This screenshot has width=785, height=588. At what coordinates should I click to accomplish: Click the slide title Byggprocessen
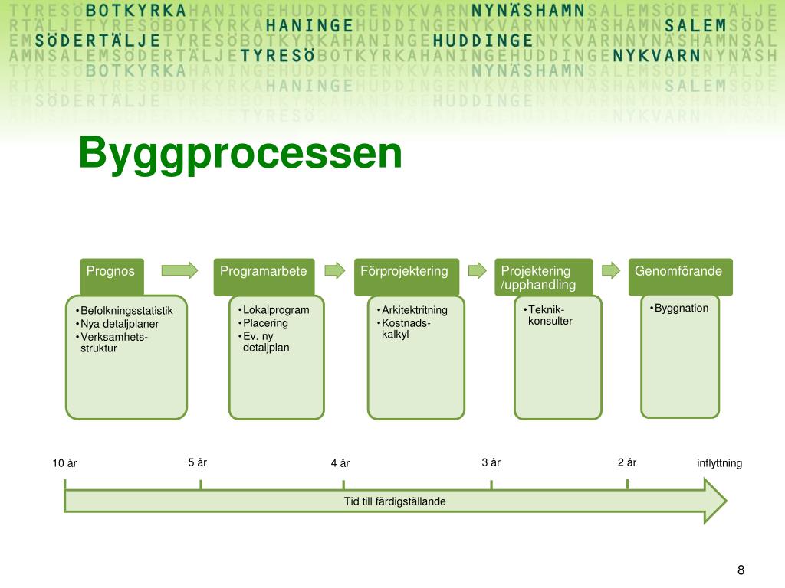click(239, 153)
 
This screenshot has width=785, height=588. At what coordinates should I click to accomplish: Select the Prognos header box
click(112, 276)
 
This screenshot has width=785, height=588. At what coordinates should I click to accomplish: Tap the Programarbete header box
click(264, 276)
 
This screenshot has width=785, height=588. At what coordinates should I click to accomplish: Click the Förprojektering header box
click(405, 276)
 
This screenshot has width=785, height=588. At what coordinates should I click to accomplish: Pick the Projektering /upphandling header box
click(544, 276)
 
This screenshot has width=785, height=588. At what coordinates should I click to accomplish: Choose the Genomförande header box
click(680, 276)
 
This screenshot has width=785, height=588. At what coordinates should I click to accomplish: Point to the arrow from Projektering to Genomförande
click(610, 269)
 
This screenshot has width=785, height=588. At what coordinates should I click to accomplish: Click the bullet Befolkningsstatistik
click(126, 311)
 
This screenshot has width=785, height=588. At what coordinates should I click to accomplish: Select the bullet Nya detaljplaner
click(120, 324)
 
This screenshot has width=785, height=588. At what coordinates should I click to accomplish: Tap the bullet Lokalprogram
click(275, 310)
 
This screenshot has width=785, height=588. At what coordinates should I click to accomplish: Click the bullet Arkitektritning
click(414, 310)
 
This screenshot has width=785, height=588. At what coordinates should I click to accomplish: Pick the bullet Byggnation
click(681, 308)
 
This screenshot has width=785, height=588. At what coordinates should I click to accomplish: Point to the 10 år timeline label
click(64, 463)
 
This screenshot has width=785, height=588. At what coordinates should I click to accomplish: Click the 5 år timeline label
click(198, 462)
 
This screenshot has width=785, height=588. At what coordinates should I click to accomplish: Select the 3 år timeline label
click(491, 462)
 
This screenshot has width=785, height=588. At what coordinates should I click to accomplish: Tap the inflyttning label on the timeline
click(719, 463)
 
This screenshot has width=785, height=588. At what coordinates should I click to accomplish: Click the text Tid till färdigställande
click(395, 501)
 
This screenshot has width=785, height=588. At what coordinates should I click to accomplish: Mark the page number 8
click(741, 570)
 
